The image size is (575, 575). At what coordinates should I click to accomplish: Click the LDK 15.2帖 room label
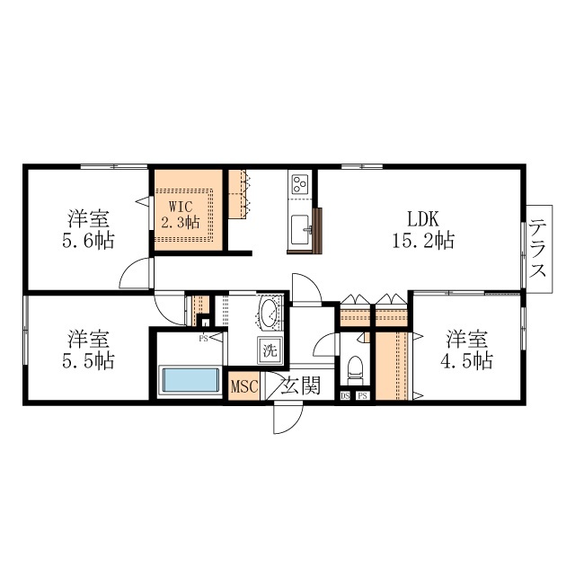tap(423, 230)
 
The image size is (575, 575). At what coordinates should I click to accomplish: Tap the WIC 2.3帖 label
tap(181, 215)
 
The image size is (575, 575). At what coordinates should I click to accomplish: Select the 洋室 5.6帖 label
tap(88, 230)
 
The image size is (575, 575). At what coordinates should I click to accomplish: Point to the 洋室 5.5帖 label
tap(88, 349)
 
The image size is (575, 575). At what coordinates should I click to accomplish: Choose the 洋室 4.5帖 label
tap(466, 349)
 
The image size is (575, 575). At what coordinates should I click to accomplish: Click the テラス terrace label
tap(538, 248)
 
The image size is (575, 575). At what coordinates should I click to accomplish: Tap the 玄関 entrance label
tap(301, 385)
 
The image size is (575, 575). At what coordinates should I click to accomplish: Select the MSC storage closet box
tap(244, 386)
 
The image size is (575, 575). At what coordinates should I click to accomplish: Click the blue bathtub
tap(190, 380)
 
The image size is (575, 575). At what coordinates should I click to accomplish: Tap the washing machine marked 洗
tap(270, 350)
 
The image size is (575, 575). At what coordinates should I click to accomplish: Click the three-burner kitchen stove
tap(299, 184)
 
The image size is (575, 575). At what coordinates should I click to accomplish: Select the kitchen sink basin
tap(301, 230)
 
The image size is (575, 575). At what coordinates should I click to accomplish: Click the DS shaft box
tap(345, 395)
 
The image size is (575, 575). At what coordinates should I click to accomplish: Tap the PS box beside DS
tap(363, 395)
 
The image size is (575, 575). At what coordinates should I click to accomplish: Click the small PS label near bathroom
tap(203, 339)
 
